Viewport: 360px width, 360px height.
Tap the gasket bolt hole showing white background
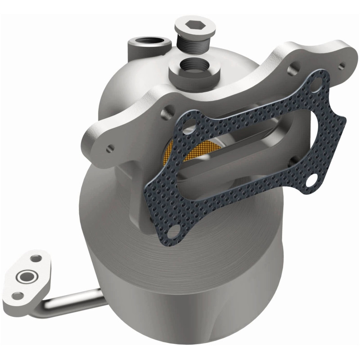coord(310,181)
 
